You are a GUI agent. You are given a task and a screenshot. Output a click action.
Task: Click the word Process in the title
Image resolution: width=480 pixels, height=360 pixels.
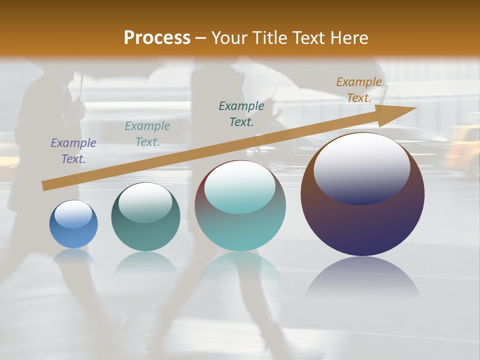[x=157, y=38]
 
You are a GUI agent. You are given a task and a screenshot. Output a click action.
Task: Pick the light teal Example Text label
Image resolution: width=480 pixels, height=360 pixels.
[x=147, y=134]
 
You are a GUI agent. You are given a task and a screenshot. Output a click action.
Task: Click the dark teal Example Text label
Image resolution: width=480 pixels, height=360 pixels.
[x=241, y=114]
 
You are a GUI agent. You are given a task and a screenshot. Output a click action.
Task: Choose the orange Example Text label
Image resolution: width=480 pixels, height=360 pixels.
[x=359, y=90]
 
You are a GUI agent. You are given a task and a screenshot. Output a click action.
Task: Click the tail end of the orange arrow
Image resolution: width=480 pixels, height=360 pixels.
[x=45, y=186]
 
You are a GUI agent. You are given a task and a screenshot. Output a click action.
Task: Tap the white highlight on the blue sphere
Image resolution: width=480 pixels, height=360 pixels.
[x=73, y=214]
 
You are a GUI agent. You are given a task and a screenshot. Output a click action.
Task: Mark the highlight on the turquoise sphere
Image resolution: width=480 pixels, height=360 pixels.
[x=240, y=187]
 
